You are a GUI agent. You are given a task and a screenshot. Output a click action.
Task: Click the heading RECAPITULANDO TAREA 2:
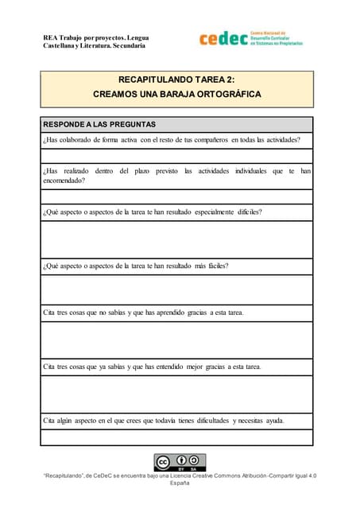click(x=176, y=80)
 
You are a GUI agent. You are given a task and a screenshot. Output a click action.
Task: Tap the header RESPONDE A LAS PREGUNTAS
click(x=99, y=125)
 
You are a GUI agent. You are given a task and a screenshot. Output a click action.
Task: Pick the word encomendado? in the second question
click(x=64, y=181)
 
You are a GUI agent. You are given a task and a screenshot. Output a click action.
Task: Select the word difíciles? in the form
click(x=244, y=212)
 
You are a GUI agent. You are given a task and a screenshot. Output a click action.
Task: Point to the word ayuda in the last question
click(x=273, y=421)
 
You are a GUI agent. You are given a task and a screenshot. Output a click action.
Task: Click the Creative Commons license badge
click(x=180, y=462)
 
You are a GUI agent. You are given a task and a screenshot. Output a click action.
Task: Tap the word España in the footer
click(x=180, y=483)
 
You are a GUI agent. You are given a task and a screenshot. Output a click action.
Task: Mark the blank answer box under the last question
click(x=176, y=437)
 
